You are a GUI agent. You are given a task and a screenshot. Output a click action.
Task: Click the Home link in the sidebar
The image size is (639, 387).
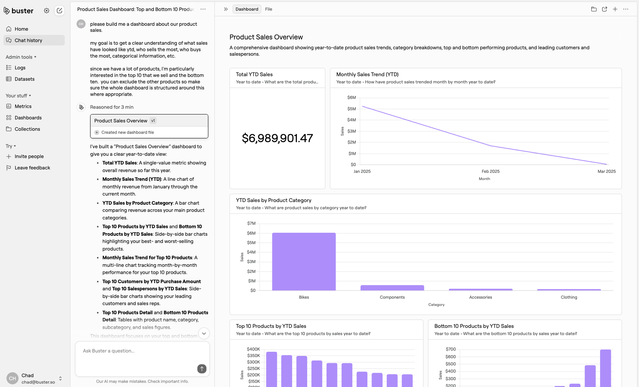[21, 29]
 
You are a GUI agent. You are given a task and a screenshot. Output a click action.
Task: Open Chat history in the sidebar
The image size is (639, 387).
[28, 41]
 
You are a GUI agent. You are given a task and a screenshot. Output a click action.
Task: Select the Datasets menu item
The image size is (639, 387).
[25, 79]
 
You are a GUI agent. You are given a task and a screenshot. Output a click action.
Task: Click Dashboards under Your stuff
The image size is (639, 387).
[28, 118]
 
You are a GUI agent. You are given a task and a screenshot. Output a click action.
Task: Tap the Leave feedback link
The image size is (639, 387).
[32, 168]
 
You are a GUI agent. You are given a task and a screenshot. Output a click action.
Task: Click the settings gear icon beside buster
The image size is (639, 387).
[47, 11]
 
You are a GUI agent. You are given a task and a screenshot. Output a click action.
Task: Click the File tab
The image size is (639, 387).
[269, 9]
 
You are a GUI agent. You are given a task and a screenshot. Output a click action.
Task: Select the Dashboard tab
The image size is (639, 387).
[247, 9]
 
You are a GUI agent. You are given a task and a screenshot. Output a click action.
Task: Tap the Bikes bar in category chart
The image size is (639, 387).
[304, 262]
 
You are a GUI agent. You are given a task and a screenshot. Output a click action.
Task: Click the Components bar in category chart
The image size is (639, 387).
[392, 288]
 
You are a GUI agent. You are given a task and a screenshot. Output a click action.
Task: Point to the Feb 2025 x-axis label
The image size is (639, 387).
[491, 171]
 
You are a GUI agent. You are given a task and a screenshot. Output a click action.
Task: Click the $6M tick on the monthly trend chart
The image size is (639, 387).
[352, 98]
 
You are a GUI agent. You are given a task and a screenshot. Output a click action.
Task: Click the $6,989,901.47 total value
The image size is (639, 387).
[277, 138]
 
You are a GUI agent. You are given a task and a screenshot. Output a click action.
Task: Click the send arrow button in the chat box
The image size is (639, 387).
[202, 369]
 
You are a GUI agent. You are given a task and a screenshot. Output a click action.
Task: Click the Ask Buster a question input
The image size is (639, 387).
[136, 351]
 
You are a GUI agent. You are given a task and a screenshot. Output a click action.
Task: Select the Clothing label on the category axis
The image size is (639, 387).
[569, 298]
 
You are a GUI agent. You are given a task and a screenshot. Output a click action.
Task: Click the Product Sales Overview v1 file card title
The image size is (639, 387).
[121, 121]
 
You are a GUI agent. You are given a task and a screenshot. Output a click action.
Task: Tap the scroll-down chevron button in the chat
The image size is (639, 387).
[204, 334]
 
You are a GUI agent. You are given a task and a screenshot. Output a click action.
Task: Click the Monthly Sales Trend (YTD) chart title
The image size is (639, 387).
[367, 75]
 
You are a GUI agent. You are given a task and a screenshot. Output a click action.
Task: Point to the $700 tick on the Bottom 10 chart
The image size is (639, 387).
[450, 349]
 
